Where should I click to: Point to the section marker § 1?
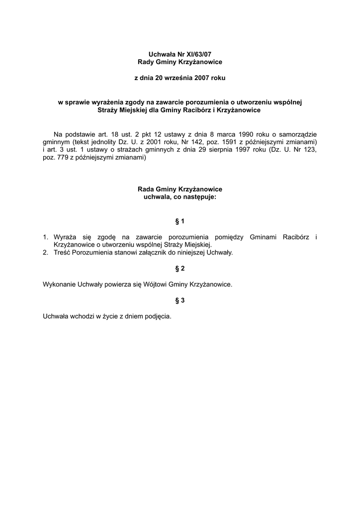tap(180, 221)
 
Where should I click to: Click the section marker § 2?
tap(180, 268)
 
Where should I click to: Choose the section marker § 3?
tap(180, 300)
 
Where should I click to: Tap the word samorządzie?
tap(297, 134)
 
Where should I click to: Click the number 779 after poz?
tap(63, 158)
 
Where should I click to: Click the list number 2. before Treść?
tap(46, 253)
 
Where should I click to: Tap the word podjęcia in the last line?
tap(158, 316)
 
